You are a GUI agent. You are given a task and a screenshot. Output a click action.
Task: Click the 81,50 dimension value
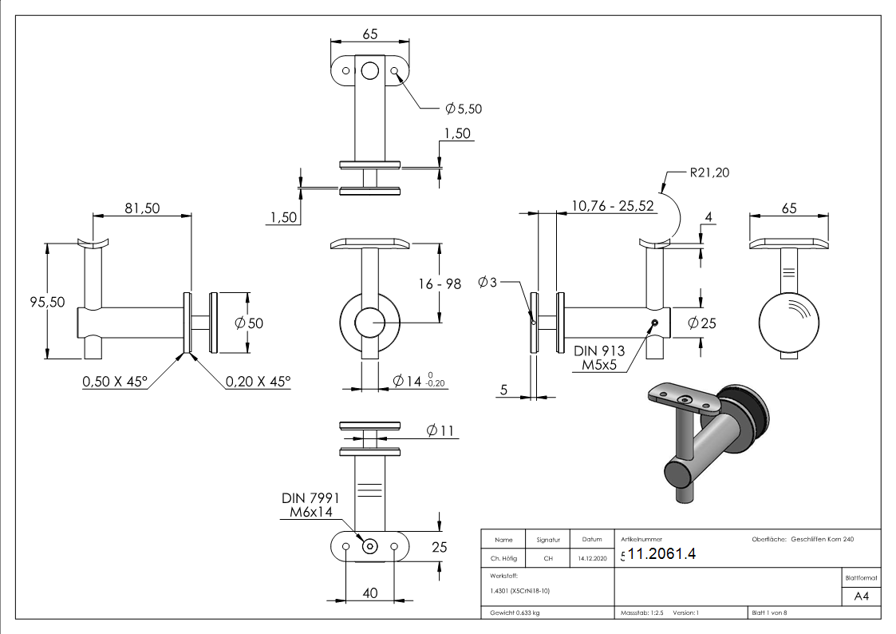[142, 208]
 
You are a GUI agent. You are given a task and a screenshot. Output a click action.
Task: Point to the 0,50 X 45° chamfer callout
[115, 382]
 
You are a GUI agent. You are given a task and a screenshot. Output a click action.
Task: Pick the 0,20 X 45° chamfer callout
[258, 382]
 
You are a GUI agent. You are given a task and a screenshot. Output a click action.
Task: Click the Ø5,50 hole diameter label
[464, 108]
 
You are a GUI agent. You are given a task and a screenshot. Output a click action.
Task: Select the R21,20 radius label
[709, 172]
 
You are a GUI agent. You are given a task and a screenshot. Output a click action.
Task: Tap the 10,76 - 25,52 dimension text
[613, 205]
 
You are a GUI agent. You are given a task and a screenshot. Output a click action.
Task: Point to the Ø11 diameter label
[440, 431]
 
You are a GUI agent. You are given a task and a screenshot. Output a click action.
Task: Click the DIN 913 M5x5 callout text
[598, 358]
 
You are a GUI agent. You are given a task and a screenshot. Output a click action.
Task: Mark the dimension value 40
[370, 592]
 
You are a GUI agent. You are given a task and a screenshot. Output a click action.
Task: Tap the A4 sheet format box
[861, 596]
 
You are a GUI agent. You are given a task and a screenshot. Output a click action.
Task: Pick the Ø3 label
[488, 282]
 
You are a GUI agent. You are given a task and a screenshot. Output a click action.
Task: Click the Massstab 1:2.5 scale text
[642, 613]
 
